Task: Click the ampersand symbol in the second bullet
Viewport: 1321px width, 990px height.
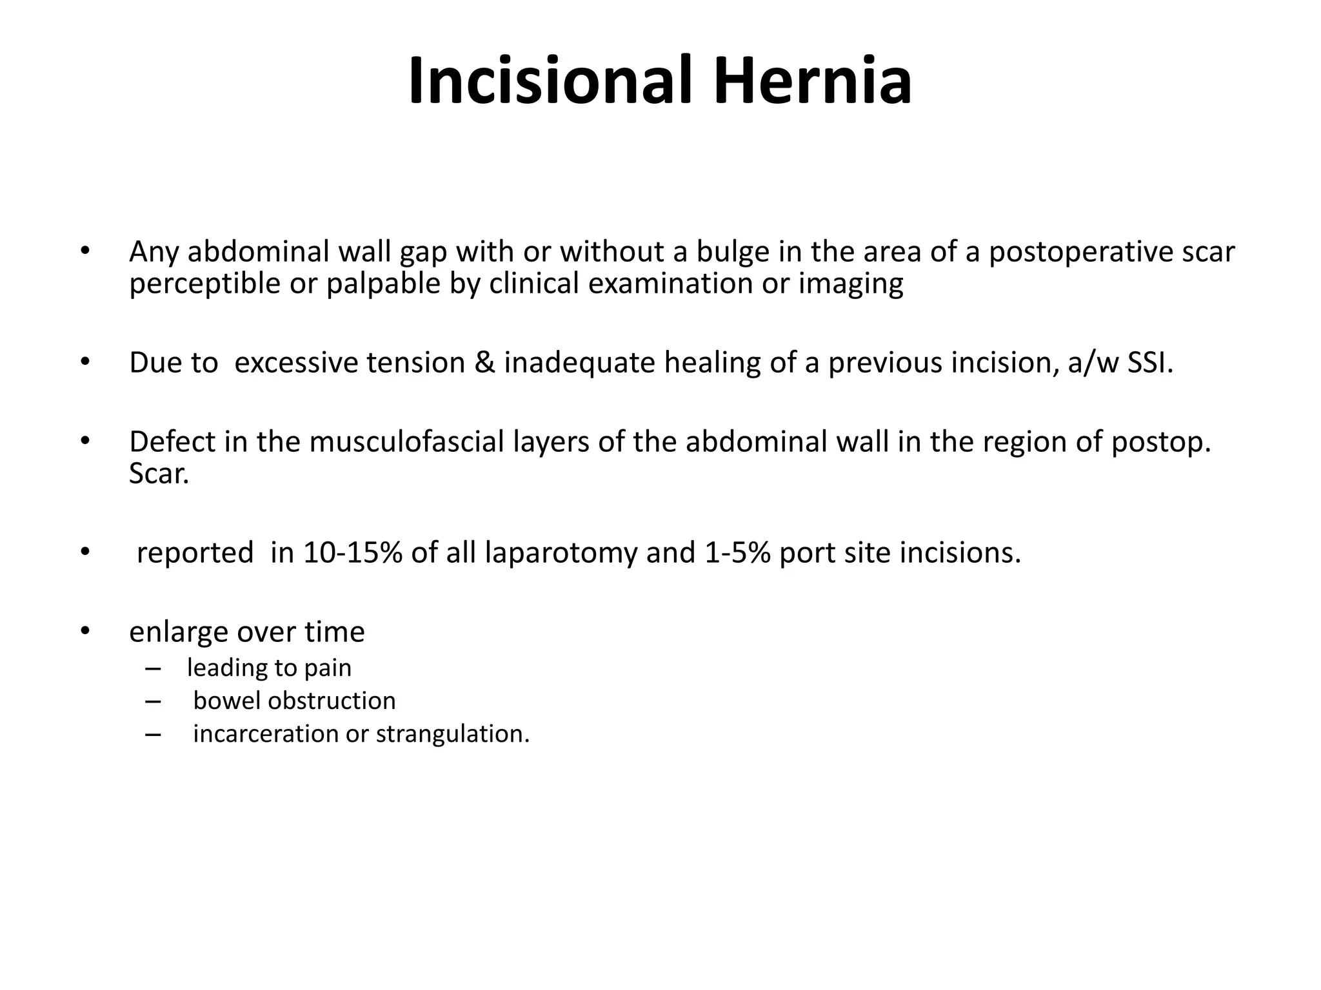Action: pos(484,363)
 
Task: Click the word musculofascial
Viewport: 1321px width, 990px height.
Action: pos(406,442)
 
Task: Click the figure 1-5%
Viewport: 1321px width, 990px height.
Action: pos(737,553)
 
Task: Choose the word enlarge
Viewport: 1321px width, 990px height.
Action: pos(179,632)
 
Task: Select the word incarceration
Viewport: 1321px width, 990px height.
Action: pos(265,734)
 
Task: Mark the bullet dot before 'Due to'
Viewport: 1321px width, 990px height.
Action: pos(84,363)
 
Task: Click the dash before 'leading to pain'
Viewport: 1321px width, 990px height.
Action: pos(153,668)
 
